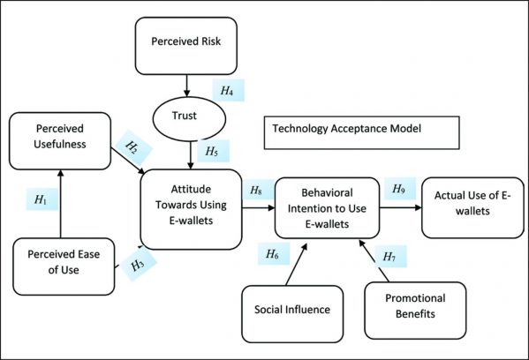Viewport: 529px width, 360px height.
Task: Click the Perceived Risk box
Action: (185, 46)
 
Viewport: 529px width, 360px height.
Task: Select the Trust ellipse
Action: (189, 119)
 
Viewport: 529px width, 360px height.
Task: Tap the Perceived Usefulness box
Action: (60, 141)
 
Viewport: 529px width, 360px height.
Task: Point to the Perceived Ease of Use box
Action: (64, 266)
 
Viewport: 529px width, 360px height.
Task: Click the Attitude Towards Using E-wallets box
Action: (191, 209)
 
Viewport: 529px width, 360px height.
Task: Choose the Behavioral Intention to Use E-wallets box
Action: (327, 208)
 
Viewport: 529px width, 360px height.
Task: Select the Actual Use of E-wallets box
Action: (472, 207)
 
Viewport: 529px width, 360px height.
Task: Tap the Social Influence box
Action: (292, 314)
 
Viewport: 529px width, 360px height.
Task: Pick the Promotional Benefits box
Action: (415, 311)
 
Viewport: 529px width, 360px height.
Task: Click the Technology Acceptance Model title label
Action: (362, 132)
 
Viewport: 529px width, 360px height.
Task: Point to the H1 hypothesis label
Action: (42, 199)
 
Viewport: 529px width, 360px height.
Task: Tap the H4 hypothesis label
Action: (228, 90)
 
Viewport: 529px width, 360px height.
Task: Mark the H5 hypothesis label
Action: (213, 151)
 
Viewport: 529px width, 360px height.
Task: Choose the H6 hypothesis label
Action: (274, 253)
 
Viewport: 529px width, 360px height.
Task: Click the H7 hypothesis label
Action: (390, 256)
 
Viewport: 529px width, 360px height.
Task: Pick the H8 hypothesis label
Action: (257, 190)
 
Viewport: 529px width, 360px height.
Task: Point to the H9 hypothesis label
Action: (400, 189)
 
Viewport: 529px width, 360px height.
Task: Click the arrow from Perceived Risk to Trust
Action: (186, 86)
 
